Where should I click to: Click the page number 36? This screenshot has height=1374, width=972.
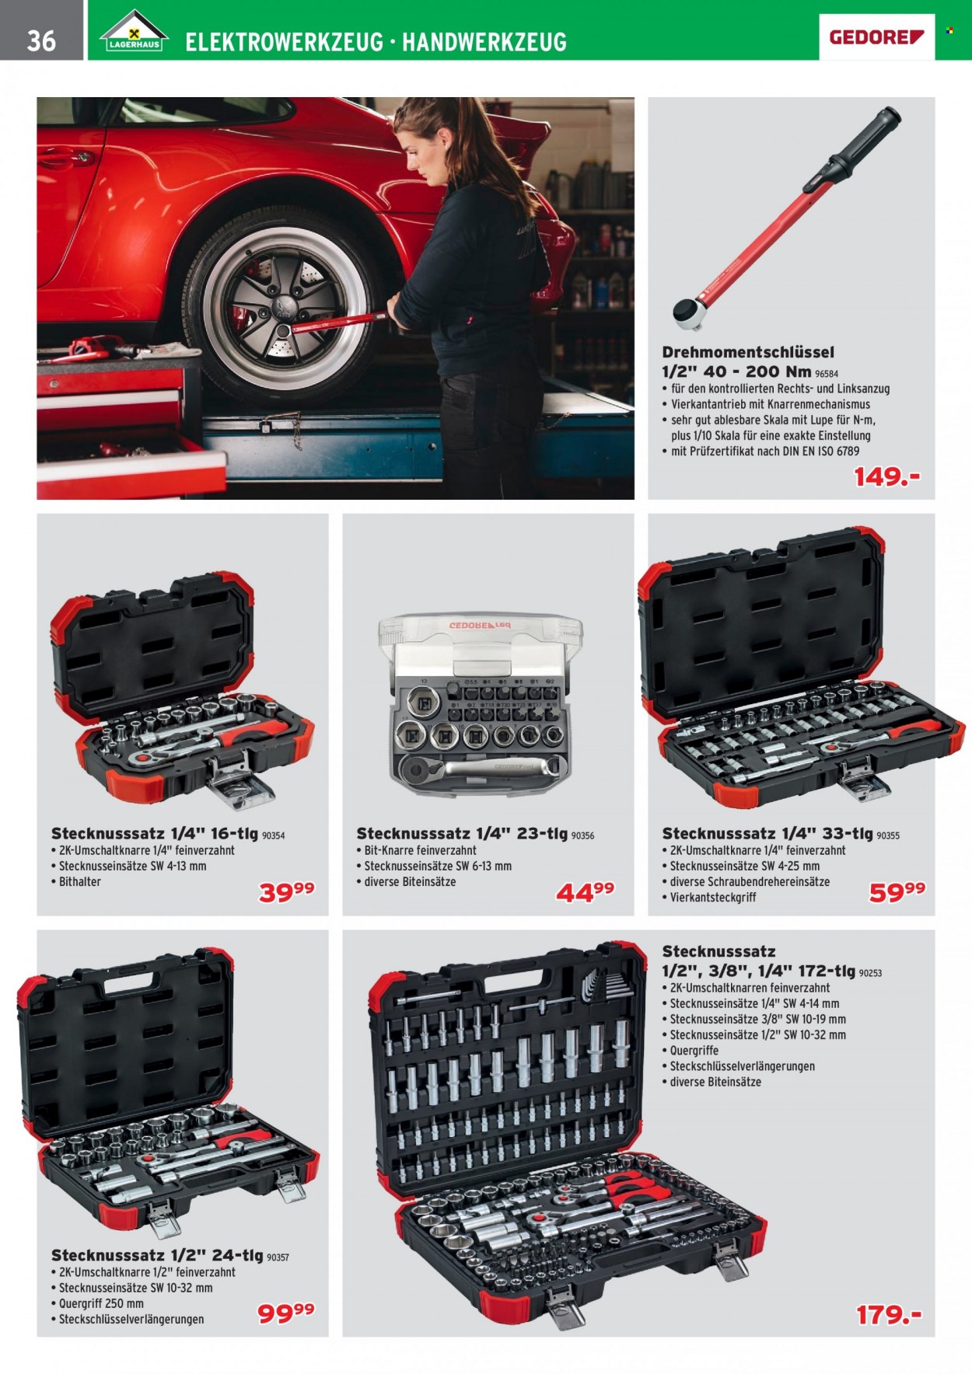click(x=41, y=40)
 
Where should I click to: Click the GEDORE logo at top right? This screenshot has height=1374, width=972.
click(x=876, y=37)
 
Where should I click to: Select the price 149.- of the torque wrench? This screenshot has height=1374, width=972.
click(x=886, y=476)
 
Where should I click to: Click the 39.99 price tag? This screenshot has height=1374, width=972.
click(x=286, y=892)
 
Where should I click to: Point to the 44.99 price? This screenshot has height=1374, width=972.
click(x=585, y=892)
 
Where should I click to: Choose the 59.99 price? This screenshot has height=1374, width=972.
click(x=897, y=892)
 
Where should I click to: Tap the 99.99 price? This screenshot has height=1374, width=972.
click(x=286, y=1313)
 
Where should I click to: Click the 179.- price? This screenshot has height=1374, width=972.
click(x=889, y=1315)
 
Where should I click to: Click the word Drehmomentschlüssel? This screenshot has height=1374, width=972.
click(x=748, y=352)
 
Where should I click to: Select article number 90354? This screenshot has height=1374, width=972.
click(x=273, y=836)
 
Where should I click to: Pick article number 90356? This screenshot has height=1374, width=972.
click(x=582, y=836)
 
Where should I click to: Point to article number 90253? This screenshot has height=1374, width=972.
click(x=870, y=973)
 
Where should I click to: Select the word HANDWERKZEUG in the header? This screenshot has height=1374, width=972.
click(x=484, y=42)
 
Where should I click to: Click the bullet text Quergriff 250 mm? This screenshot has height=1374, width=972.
click(x=101, y=1303)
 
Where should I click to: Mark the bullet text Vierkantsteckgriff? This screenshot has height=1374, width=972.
click(x=713, y=897)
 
